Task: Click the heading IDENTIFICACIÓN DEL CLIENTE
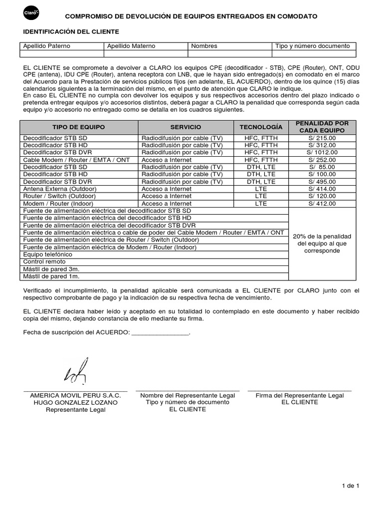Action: [x=71, y=31]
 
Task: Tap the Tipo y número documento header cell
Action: [x=313, y=46]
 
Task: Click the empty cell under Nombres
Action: [x=230, y=54]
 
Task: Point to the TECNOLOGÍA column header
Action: [x=261, y=127]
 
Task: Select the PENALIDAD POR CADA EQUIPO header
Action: [x=322, y=127]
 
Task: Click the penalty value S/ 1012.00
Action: [x=322, y=152]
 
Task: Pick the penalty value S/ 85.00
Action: [x=322, y=167]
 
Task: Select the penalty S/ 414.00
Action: [x=322, y=189]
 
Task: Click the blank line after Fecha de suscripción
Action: [x=161, y=332]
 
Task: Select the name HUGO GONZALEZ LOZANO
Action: [x=76, y=402]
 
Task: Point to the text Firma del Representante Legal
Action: [x=300, y=395]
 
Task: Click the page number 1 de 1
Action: [x=351, y=485]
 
